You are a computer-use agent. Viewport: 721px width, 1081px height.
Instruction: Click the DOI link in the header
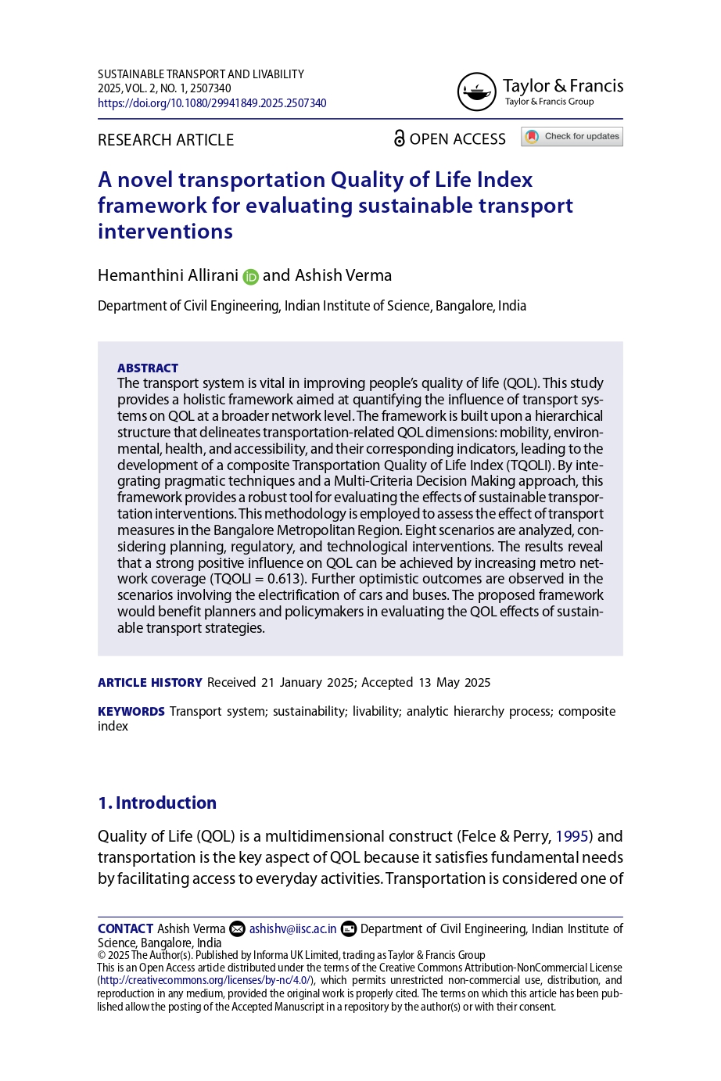[x=212, y=103]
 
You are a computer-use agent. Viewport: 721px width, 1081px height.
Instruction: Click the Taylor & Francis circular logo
[x=476, y=92]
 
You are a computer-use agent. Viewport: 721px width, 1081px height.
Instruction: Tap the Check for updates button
[x=572, y=137]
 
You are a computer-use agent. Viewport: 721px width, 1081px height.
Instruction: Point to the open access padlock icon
[x=399, y=138]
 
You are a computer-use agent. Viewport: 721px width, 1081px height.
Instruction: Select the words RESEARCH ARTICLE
[x=166, y=140]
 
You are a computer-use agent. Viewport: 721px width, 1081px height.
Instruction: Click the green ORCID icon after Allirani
[x=250, y=277]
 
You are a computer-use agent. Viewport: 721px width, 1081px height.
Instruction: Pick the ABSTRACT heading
[x=148, y=368]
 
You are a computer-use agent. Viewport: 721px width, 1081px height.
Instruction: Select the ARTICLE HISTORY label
[x=149, y=683]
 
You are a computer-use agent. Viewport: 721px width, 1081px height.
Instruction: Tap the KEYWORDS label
[x=131, y=712]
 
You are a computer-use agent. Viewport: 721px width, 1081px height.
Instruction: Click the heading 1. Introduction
[x=156, y=803]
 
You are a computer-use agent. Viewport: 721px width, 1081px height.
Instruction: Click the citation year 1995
[x=572, y=836]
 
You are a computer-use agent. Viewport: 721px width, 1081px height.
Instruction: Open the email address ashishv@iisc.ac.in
[x=292, y=929]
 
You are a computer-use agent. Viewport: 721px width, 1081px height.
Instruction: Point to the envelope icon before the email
[x=236, y=929]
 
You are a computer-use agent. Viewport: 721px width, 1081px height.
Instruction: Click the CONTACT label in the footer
[x=125, y=929]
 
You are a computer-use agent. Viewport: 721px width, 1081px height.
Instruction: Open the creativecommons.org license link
[x=206, y=980]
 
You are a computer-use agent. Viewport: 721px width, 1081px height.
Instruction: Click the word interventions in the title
[x=165, y=232]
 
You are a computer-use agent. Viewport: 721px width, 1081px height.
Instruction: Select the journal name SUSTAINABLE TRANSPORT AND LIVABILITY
[x=201, y=74]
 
